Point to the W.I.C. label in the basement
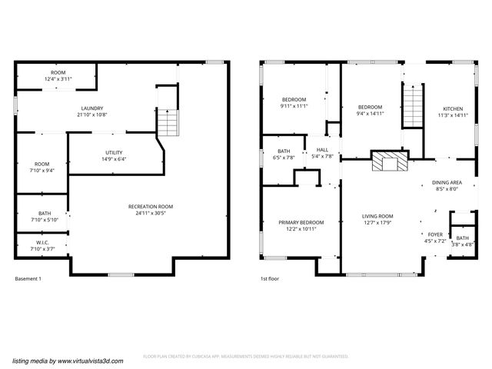43,245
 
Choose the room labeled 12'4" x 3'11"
58,75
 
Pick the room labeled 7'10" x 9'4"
42,167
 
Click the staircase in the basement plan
167,121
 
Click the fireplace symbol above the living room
387,161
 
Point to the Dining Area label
447,182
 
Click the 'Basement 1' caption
28,278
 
